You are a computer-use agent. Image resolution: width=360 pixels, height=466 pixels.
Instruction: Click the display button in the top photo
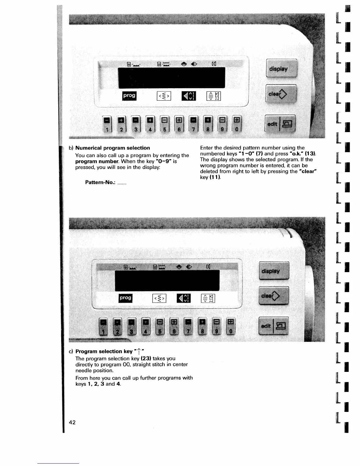(x=281, y=69)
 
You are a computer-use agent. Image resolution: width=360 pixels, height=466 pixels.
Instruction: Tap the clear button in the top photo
(x=281, y=94)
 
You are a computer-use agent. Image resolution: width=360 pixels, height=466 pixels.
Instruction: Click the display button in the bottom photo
(x=274, y=271)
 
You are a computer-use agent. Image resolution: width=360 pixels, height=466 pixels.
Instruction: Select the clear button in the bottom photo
(x=274, y=296)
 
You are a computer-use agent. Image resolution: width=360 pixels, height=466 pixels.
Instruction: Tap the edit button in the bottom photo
(x=274, y=326)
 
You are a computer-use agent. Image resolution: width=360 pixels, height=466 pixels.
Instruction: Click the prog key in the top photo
(x=129, y=96)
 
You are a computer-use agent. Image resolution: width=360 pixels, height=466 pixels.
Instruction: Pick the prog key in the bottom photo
(x=126, y=298)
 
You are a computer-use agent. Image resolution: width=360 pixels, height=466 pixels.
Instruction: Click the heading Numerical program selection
(x=113, y=148)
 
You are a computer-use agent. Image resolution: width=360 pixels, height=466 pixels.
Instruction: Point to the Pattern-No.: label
(x=100, y=182)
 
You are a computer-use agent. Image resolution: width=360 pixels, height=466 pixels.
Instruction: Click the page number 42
(x=72, y=422)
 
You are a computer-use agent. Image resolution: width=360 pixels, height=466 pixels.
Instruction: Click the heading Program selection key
(x=104, y=351)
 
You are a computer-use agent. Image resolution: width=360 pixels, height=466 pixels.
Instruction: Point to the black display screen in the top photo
(x=171, y=78)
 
